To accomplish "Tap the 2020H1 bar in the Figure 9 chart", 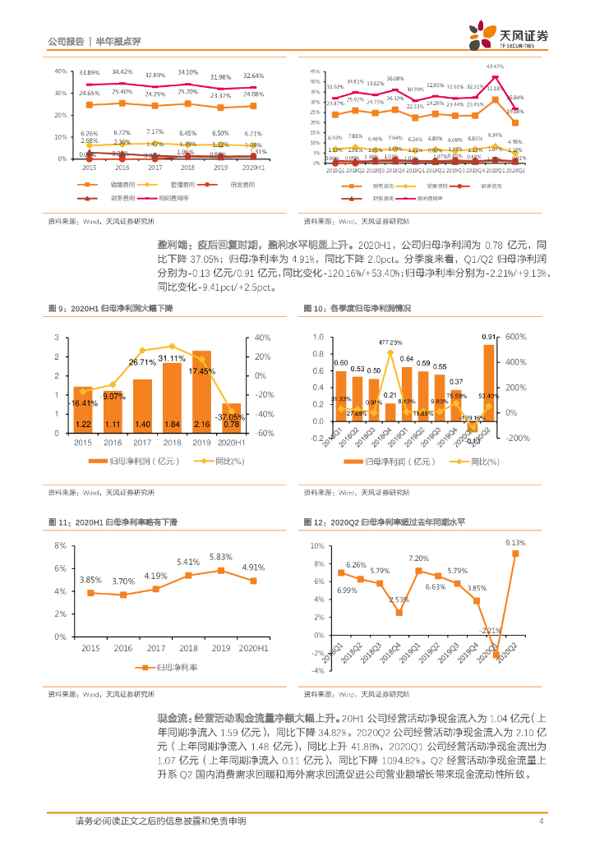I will point(232,417).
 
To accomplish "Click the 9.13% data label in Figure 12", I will point(515,543).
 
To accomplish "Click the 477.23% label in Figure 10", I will point(390,342).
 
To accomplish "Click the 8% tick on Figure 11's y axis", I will point(59,545).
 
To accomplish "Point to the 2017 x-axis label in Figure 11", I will point(158,648).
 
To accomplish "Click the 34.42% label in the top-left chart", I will point(122,71).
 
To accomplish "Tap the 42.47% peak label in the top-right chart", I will point(496,66).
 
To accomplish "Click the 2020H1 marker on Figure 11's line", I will point(253,581).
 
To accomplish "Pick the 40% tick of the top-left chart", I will point(60,71).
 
